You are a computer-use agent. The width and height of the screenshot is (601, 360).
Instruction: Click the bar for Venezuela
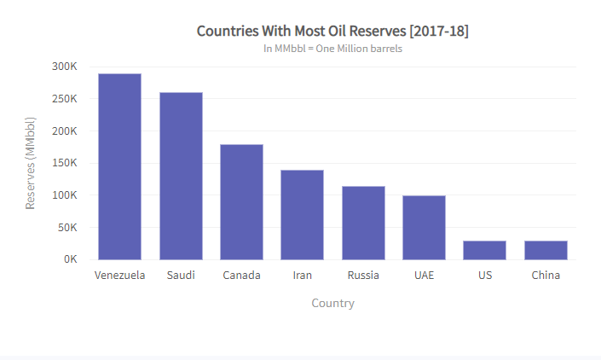[119, 166]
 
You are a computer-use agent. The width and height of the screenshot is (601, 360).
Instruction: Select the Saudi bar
[181, 176]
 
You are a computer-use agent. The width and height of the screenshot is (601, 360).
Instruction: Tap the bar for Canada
[241, 202]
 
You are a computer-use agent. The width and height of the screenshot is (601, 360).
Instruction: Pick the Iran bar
[303, 215]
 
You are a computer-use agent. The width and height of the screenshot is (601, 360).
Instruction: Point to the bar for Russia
[363, 223]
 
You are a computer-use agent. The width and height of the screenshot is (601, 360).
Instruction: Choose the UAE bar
[424, 228]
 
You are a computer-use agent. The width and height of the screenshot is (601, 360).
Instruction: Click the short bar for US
[484, 250]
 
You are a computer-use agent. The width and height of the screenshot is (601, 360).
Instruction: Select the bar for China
[546, 250]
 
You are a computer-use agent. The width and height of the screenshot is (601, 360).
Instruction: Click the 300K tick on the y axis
[65, 67]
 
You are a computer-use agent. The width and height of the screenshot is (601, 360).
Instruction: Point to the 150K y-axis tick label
[65, 131]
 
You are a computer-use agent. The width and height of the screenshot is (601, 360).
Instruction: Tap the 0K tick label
[70, 259]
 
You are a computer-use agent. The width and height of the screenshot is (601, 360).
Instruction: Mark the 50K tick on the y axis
[68, 228]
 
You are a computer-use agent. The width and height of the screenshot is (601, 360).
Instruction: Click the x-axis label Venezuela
[119, 276]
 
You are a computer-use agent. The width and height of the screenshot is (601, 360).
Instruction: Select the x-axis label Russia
[363, 276]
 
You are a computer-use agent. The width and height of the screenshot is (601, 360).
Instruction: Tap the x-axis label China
[546, 276]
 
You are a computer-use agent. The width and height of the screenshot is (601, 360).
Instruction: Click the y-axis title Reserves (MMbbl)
[31, 163]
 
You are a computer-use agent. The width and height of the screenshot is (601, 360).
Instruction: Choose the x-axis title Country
[332, 304]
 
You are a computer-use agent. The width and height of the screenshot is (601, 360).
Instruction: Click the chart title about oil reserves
[332, 32]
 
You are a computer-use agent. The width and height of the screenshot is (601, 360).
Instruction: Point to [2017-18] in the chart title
[439, 32]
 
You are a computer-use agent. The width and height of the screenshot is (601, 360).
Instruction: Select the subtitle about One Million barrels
[332, 49]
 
